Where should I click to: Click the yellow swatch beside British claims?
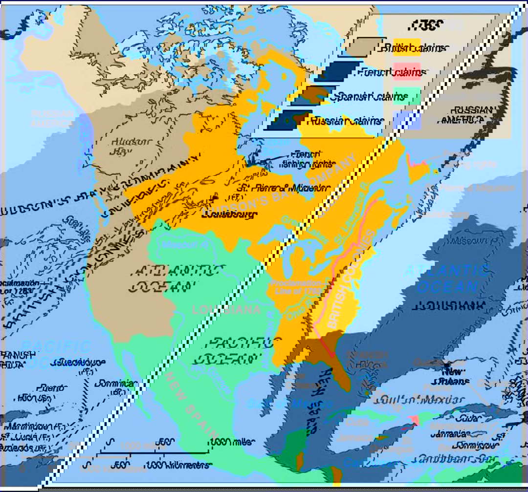pos(407,47)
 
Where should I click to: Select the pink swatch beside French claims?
pos(407,72)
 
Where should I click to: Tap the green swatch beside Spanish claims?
pos(407,96)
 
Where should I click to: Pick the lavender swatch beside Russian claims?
pos(407,120)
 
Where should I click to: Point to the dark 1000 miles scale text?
pos(233,442)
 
